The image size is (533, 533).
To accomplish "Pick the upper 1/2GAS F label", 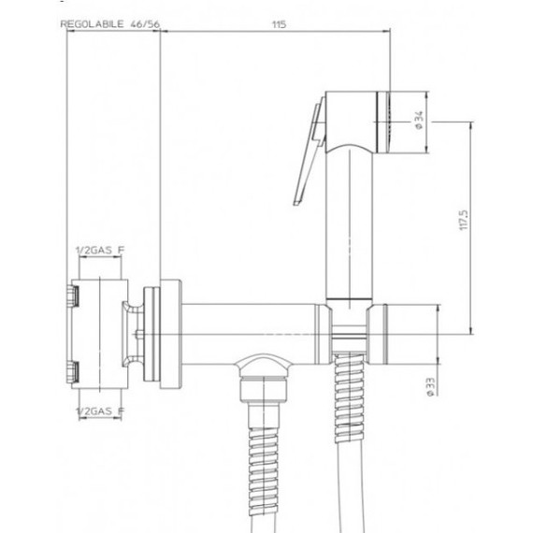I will [99, 250].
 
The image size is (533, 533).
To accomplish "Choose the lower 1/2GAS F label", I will [99, 409].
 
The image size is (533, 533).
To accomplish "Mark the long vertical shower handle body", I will [351, 224].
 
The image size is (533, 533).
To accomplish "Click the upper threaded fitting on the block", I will [71, 296].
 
